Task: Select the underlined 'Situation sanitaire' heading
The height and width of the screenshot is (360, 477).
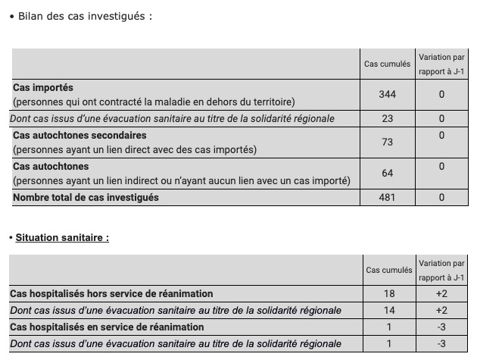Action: pyautogui.click(x=62, y=237)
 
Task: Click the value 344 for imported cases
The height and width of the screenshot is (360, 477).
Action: pyautogui.click(x=387, y=95)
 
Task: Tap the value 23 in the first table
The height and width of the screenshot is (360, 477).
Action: pyautogui.click(x=387, y=119)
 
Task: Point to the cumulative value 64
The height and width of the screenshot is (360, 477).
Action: pyautogui.click(x=387, y=174)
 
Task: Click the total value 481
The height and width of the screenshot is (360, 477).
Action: pyautogui.click(x=387, y=198)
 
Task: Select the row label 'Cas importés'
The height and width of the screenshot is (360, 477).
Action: pyautogui.click(x=43, y=88)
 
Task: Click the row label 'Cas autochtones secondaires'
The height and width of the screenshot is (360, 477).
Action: pyautogui.click(x=79, y=135)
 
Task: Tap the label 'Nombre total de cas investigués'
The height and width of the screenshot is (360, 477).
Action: pyautogui.click(x=86, y=198)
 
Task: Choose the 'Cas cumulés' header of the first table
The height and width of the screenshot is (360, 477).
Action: pyautogui.click(x=387, y=64)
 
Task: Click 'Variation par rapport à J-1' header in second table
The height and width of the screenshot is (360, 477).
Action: pyautogui.click(x=441, y=269)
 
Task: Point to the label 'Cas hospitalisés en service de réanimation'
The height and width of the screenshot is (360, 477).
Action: pyautogui.click(x=107, y=327)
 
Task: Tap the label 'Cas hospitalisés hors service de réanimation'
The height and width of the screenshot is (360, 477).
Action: pyautogui.click(x=111, y=293)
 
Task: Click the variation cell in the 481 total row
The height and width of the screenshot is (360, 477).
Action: pyautogui.click(x=441, y=198)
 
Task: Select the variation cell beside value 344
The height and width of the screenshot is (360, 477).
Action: pyautogui.click(x=441, y=95)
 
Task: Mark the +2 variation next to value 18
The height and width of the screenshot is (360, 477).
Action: pyautogui.click(x=441, y=293)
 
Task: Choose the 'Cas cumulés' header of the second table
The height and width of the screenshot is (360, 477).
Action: pyautogui.click(x=389, y=270)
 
